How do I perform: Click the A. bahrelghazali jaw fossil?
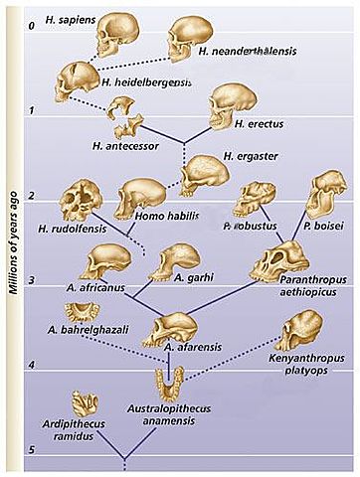[x=76, y=343]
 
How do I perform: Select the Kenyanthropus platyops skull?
[x=303, y=331]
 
